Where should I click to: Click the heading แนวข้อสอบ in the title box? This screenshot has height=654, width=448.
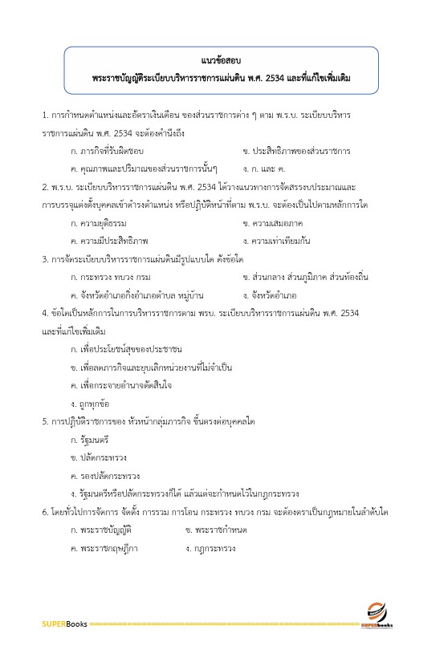tap(223, 61)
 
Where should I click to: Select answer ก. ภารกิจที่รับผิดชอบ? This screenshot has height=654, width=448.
tap(108, 150)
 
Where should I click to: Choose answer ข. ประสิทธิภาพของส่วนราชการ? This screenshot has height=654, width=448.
tap(295, 150)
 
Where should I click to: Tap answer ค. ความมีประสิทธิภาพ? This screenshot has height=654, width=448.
tap(108, 240)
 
